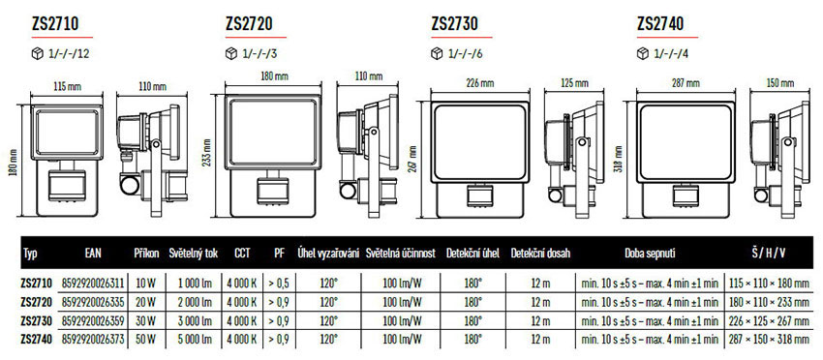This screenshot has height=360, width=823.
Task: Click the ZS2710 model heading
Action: point(55,23)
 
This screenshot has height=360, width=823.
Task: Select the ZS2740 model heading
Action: point(660,23)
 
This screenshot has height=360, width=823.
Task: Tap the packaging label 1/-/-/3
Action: point(259,53)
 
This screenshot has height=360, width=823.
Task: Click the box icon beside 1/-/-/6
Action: point(437,53)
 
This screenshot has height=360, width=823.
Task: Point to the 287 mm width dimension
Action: point(686,83)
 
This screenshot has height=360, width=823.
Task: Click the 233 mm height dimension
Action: point(207,151)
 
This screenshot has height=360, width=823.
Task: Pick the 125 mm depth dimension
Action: point(574,83)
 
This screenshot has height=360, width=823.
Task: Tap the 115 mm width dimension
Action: point(67,86)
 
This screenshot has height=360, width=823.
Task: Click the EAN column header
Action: point(93,254)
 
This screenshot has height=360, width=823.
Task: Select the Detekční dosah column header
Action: point(540,254)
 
